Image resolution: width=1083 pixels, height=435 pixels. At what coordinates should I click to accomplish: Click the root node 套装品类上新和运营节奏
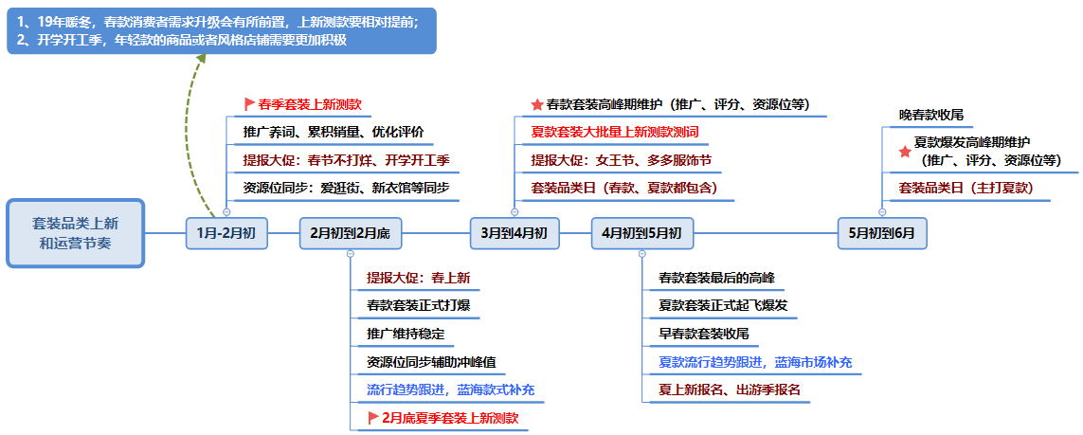click(75, 233)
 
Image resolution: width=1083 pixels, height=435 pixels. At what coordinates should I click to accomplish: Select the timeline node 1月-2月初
click(226, 233)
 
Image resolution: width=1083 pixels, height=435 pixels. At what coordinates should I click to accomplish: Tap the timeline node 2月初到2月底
click(351, 233)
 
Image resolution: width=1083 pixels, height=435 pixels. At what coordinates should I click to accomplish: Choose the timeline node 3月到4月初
click(514, 233)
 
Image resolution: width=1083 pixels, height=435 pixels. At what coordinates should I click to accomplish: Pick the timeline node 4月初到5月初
click(641, 233)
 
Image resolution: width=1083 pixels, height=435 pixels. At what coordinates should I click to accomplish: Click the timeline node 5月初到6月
click(882, 233)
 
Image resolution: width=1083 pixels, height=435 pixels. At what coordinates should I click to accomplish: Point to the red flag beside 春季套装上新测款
click(249, 105)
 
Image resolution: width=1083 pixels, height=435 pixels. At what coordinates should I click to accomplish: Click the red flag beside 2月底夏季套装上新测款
click(373, 418)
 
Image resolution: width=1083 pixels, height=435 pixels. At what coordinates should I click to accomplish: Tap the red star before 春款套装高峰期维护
click(537, 105)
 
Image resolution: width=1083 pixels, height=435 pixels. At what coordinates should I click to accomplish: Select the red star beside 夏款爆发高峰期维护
click(905, 152)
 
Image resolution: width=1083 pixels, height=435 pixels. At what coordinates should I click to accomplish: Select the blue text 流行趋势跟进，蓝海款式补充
click(450, 390)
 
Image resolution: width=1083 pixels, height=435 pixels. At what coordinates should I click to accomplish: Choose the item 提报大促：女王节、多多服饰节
click(621, 160)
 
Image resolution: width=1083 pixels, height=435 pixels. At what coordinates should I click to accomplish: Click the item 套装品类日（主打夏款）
click(966, 188)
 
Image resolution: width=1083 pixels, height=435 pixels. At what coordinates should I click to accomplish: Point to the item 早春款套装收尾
click(704, 335)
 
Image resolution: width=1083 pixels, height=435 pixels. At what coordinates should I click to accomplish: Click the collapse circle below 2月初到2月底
click(351, 254)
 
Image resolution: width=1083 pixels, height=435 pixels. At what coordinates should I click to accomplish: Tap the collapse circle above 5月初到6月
click(882, 212)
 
